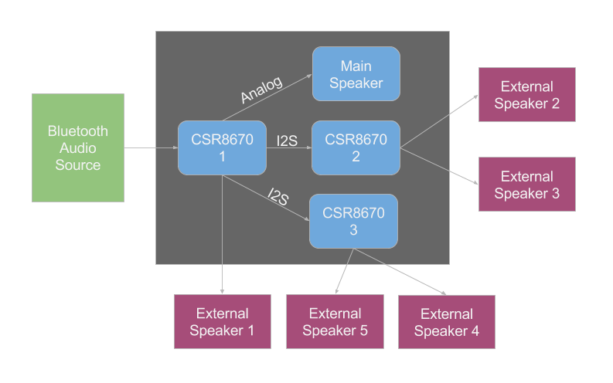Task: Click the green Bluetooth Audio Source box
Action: click(77, 147)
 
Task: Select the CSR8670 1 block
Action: click(223, 147)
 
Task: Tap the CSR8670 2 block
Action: click(356, 147)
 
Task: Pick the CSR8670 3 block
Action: click(354, 221)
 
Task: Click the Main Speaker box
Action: click(356, 73)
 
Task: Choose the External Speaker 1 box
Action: click(223, 321)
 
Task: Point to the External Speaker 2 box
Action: click(527, 94)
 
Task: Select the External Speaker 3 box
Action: click(527, 185)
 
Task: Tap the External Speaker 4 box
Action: click(447, 322)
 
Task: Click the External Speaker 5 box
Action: click(335, 321)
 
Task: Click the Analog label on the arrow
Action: click(261, 90)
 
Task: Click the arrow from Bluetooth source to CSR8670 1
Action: click(151, 147)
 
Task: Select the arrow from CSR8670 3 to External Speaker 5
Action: click(346, 270)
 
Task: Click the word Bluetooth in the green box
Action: click(77, 130)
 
